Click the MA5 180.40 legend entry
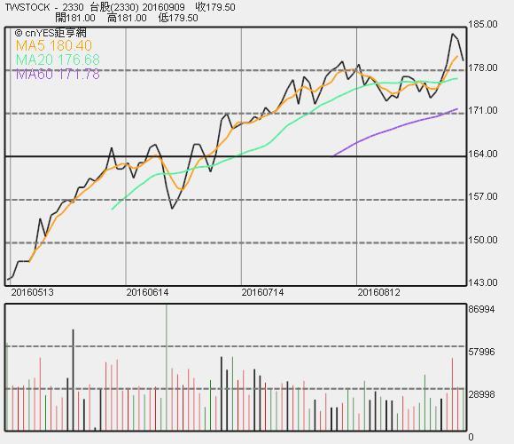[x=54, y=45]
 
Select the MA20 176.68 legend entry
[x=58, y=59]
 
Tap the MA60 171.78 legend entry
[x=58, y=75]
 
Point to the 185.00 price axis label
[x=483, y=24]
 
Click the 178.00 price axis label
[x=483, y=67]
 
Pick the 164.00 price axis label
[x=483, y=154]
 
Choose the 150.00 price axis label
[x=483, y=240]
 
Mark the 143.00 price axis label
[x=483, y=282]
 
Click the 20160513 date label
[x=32, y=292]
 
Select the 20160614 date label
[x=147, y=292]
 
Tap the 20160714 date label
[x=262, y=292]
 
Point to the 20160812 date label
[x=378, y=292]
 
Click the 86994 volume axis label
[x=481, y=309]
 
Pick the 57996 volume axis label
[x=481, y=352]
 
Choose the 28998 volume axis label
[x=481, y=394]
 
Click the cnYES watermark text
[x=51, y=33]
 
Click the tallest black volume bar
[x=73, y=380]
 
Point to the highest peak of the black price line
[x=453, y=34]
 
